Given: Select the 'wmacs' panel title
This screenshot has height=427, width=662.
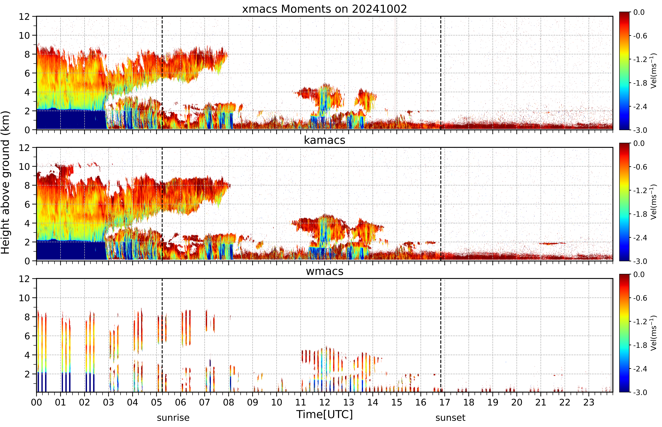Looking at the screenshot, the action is [324, 271].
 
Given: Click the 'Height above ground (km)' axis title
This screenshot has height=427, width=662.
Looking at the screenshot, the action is [5, 182].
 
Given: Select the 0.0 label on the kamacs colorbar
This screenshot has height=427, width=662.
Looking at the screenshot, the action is [639, 143].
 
